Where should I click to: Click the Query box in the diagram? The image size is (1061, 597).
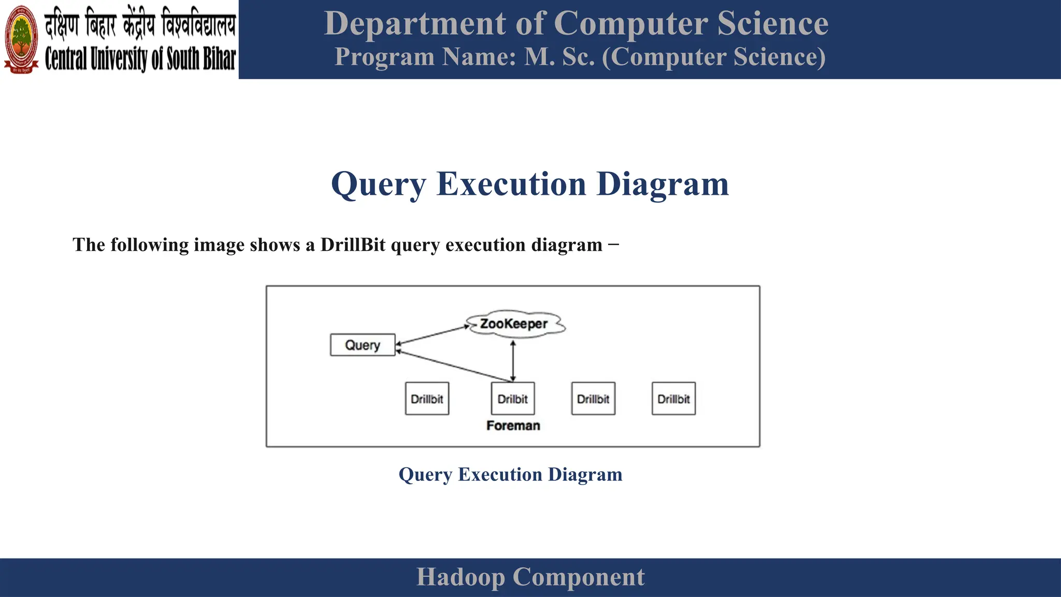point(363,345)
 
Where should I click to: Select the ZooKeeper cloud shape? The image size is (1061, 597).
point(514,324)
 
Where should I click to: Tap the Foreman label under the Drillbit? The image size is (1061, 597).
point(513,425)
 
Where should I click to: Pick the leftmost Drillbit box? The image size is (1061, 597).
point(427,399)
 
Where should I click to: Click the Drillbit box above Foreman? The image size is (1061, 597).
point(513,399)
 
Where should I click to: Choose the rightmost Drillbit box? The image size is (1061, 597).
point(673,399)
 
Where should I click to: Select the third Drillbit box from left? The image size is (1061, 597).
point(593,399)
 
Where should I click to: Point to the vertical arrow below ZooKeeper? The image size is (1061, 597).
point(513,361)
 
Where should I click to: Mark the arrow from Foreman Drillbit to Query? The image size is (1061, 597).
point(453,366)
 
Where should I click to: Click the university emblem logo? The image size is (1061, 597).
point(21,39)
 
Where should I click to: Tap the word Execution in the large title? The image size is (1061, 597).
point(511,184)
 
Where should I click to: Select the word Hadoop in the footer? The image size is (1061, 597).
point(460,577)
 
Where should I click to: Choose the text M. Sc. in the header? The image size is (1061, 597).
point(560,57)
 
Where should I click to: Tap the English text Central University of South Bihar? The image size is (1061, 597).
point(140,59)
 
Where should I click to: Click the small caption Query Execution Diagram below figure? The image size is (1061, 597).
point(510,475)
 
